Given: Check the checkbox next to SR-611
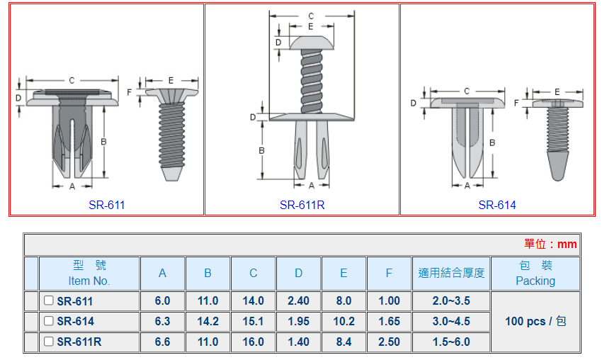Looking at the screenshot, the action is (x=48, y=300).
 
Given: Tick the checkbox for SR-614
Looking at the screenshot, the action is (x=48, y=321).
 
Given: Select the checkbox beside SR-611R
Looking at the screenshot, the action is (x=48, y=342).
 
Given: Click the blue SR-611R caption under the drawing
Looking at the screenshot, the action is (x=302, y=205).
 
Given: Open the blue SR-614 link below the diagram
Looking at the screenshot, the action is (x=497, y=205).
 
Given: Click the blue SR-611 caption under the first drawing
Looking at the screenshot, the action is (x=107, y=205).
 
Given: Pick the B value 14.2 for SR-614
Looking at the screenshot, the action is (x=208, y=321).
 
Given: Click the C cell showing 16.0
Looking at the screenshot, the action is (x=253, y=342).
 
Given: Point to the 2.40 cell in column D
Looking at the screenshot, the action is (x=298, y=300).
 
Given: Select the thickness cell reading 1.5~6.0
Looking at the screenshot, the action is (x=451, y=342).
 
